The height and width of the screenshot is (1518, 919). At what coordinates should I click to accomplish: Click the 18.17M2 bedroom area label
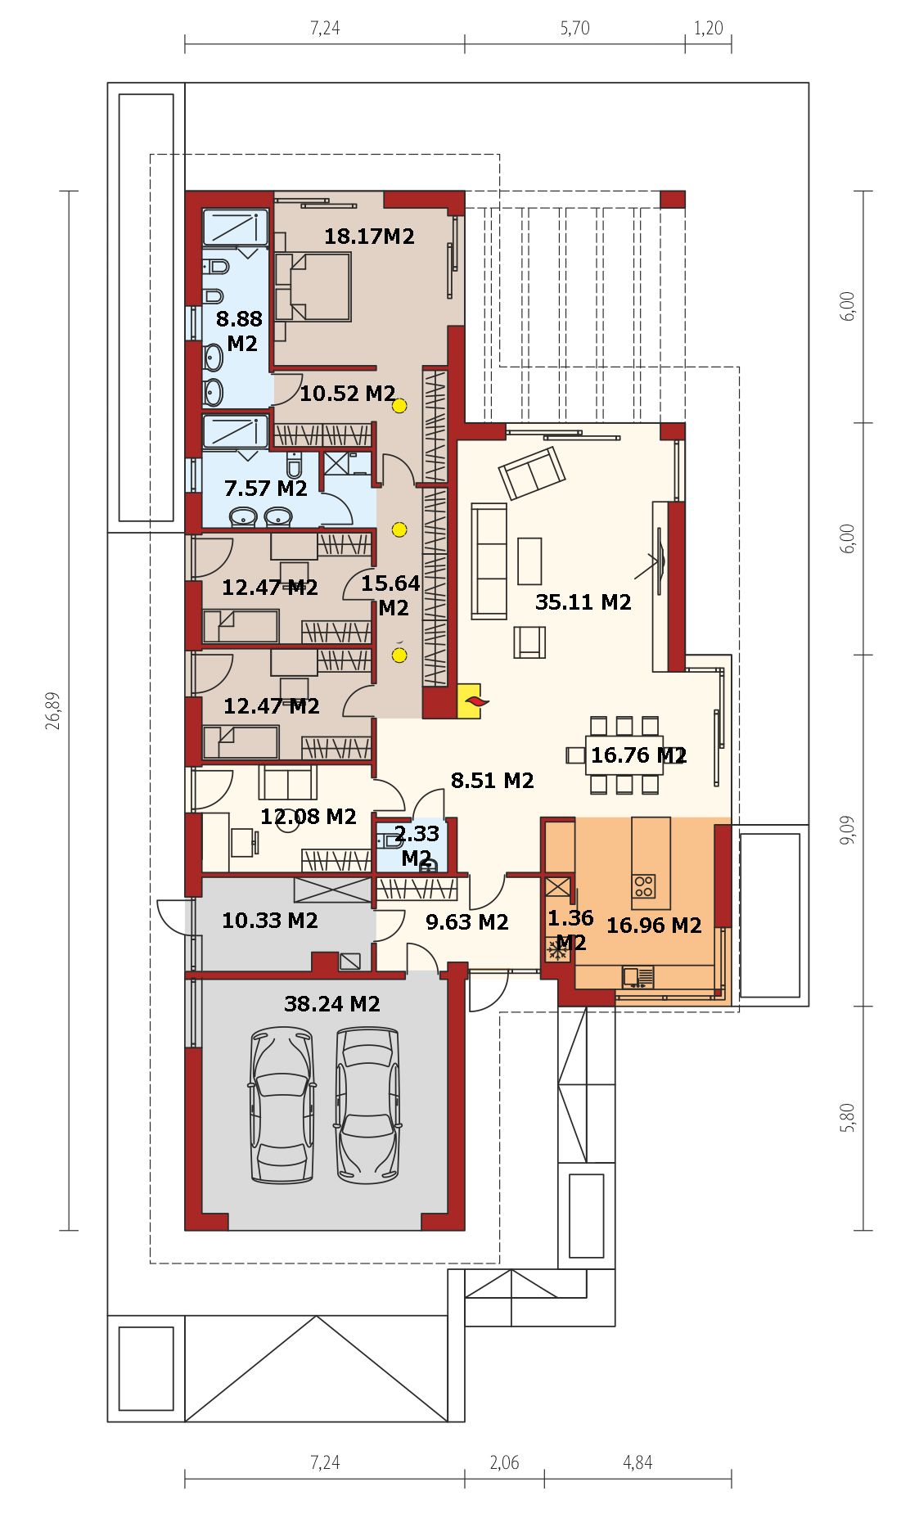(x=369, y=236)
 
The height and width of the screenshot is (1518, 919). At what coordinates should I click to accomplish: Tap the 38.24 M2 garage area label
(x=331, y=1003)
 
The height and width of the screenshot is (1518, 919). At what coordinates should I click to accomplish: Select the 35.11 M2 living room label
(x=583, y=602)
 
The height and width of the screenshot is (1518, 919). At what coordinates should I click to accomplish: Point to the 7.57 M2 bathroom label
(x=266, y=489)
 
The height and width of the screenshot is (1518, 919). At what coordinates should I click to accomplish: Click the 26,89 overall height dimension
(x=54, y=710)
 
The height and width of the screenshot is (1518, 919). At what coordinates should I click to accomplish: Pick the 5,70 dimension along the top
(x=574, y=28)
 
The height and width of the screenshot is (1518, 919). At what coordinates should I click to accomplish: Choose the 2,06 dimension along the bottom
(x=504, y=1462)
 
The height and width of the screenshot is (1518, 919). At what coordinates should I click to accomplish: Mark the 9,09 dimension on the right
(x=848, y=830)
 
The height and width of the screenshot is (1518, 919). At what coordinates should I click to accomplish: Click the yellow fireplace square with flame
(x=470, y=701)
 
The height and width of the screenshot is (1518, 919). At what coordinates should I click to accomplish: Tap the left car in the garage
(x=282, y=1105)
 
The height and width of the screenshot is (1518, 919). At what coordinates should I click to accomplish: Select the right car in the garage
(x=367, y=1105)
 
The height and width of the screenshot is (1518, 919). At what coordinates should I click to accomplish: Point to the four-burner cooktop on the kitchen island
(x=644, y=885)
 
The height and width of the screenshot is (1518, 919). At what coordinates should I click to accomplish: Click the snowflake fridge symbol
(x=557, y=951)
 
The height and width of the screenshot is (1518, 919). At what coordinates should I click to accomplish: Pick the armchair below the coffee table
(x=529, y=642)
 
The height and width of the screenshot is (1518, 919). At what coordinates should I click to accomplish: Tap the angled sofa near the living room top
(x=532, y=472)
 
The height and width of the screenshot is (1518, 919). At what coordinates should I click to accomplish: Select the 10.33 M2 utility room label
(x=270, y=921)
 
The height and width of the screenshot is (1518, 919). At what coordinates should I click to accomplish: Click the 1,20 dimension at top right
(x=708, y=28)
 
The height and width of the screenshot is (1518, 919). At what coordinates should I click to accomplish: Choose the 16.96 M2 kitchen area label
(x=654, y=925)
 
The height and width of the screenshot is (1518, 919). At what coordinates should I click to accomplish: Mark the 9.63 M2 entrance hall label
(x=467, y=922)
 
